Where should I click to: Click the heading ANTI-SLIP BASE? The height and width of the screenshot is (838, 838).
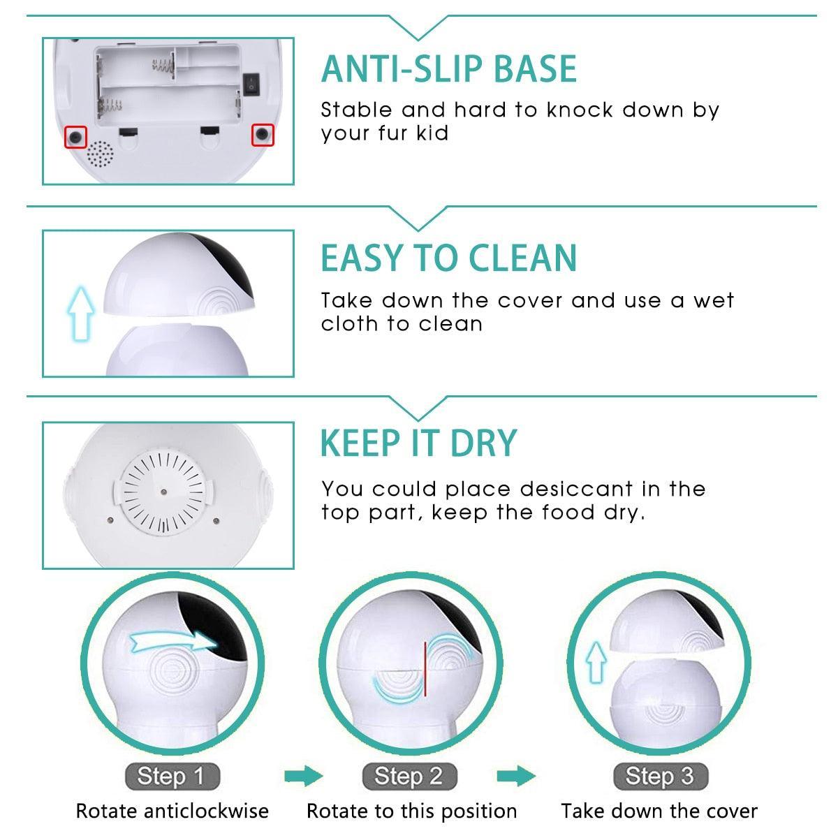click(x=449, y=68)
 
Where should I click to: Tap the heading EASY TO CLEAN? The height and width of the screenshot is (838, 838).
click(x=449, y=258)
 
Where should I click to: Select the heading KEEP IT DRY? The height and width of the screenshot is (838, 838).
click(x=418, y=443)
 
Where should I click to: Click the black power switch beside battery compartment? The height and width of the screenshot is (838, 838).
click(x=251, y=84)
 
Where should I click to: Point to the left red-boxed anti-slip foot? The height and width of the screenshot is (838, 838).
click(x=76, y=136)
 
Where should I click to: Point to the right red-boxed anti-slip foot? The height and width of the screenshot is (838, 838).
click(x=263, y=134)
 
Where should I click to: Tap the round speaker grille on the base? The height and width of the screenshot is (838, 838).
click(x=100, y=154)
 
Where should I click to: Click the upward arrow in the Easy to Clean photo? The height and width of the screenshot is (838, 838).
click(x=80, y=315)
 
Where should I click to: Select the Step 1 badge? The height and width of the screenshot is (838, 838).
click(x=171, y=776)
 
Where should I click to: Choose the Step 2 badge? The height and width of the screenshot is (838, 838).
click(x=409, y=776)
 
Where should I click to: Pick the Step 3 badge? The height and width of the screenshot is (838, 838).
click(x=659, y=776)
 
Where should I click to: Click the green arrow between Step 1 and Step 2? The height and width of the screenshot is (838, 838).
click(x=304, y=776)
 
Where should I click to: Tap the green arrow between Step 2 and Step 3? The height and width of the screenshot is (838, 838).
click(x=516, y=776)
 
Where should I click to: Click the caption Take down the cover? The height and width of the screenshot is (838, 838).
click(x=659, y=811)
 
